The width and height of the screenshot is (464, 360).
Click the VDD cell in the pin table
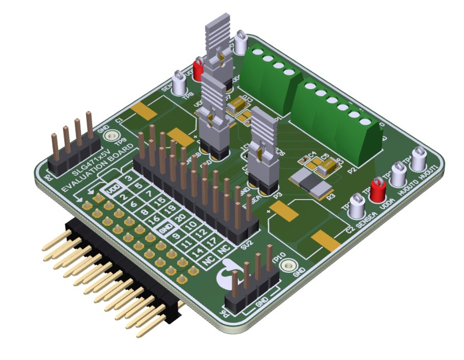pyautogui.click(x=113, y=191)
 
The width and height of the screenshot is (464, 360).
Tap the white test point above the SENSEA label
pyautogui.click(x=357, y=205)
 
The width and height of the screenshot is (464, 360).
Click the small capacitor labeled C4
pyautogui.click(x=304, y=160)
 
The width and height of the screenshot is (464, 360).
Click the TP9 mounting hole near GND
pyautogui.click(x=110, y=137)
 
